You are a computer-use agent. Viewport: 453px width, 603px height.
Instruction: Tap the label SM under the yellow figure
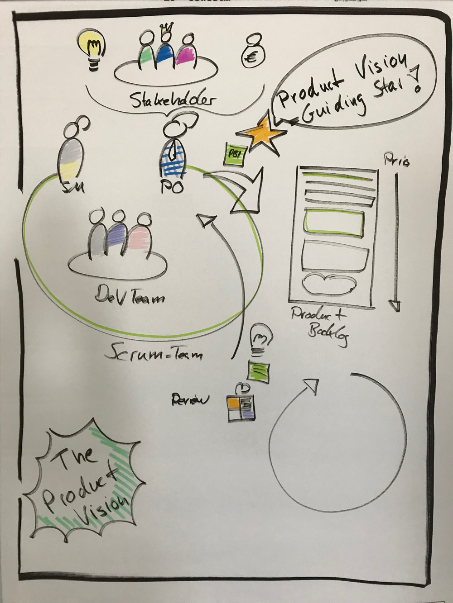71,186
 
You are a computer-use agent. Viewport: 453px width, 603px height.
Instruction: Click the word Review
190,400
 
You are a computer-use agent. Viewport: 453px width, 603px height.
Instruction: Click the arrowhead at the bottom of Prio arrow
395,305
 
